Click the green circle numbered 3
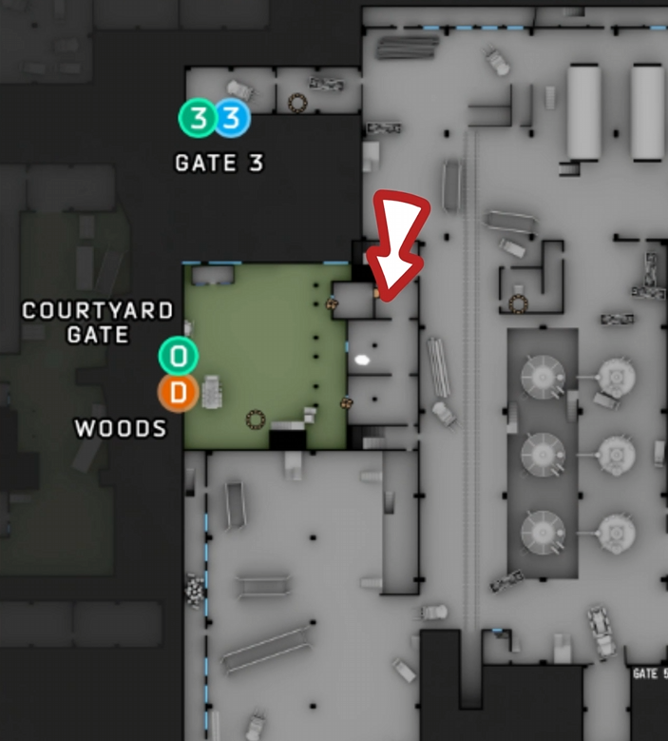coord(198,119)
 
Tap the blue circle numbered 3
coord(232,119)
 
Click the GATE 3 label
coord(219,164)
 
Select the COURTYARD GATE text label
coord(98,322)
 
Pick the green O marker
coord(178,357)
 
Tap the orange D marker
coord(178,391)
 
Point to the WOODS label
coord(121,429)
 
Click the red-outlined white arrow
coord(400,238)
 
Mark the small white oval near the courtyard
coord(362,360)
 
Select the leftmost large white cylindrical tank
coord(583,111)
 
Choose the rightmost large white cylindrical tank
coord(647,111)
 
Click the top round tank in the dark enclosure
coord(543,376)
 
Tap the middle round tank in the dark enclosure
coord(543,452)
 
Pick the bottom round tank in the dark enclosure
coord(543,528)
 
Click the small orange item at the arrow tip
coord(376,294)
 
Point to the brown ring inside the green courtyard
coord(255,419)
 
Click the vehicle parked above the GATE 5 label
coord(601,628)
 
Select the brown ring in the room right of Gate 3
coord(297,100)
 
